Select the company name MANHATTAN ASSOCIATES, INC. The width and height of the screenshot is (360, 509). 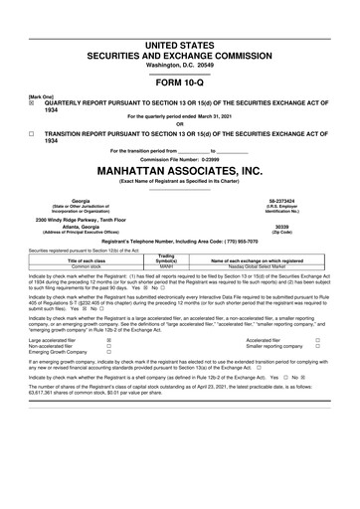click(x=180, y=169)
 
